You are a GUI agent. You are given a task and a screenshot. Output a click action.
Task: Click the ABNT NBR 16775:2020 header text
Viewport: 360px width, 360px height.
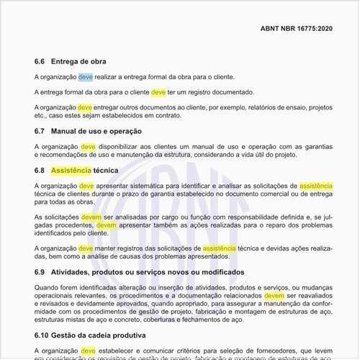point(296,30)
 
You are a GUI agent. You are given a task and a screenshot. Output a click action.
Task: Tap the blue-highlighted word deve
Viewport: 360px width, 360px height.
point(86,77)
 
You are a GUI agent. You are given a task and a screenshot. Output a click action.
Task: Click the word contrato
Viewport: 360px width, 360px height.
point(165,115)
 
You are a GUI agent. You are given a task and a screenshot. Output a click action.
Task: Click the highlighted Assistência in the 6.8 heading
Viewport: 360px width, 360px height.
point(71,171)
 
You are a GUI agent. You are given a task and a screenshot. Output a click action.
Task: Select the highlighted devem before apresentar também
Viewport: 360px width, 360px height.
point(106,225)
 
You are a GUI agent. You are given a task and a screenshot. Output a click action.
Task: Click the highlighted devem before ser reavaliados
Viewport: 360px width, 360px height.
point(274,295)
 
